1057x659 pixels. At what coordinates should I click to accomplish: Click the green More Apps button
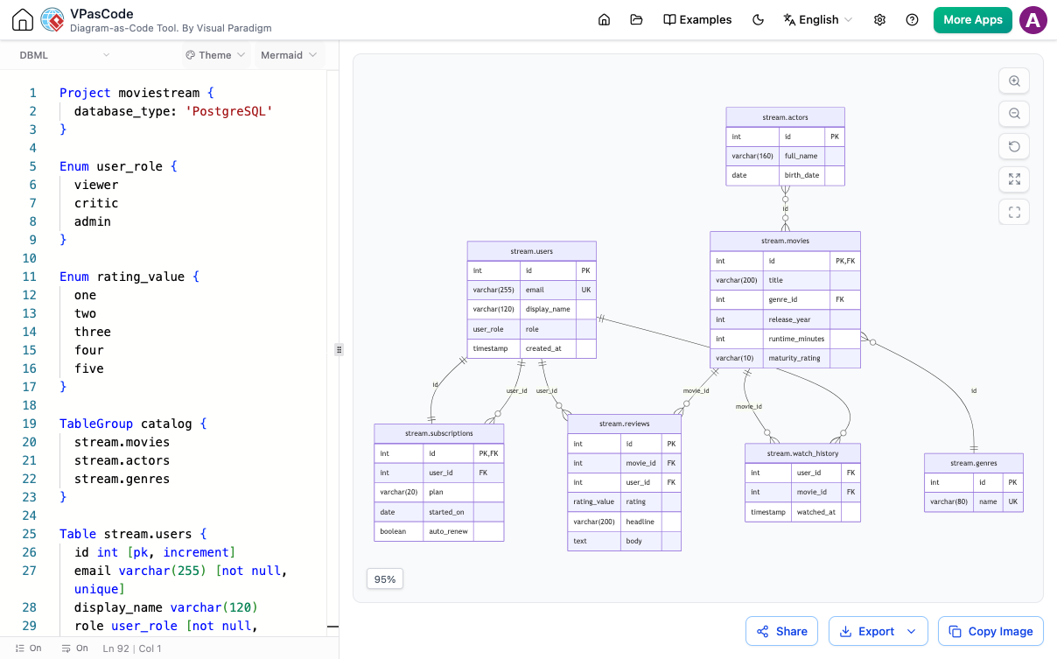(972, 20)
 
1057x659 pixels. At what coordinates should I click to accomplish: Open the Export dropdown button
(878, 631)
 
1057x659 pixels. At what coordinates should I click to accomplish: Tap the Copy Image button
(990, 631)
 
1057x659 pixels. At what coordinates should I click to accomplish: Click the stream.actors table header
(785, 117)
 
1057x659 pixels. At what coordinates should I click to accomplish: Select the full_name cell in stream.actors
(801, 156)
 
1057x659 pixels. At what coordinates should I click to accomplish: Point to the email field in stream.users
(535, 290)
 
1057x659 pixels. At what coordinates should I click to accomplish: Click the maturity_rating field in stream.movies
(794, 358)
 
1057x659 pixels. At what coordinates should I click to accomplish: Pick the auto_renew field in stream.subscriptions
(448, 531)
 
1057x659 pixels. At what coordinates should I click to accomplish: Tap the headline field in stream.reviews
(640, 522)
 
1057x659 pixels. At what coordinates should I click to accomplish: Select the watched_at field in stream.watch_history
(815, 512)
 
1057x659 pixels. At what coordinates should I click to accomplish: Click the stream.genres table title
(974, 463)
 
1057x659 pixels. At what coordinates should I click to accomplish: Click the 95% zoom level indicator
(385, 579)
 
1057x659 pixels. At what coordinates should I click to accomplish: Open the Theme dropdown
(215, 55)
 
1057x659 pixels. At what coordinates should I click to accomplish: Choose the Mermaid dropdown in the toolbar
(289, 55)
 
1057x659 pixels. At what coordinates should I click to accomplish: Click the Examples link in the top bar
(697, 20)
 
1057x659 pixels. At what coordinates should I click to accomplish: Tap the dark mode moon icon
(758, 20)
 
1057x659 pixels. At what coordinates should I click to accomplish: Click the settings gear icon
(879, 20)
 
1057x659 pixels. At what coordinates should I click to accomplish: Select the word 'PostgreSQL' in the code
(229, 111)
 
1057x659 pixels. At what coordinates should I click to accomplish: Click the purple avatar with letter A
(1032, 20)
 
